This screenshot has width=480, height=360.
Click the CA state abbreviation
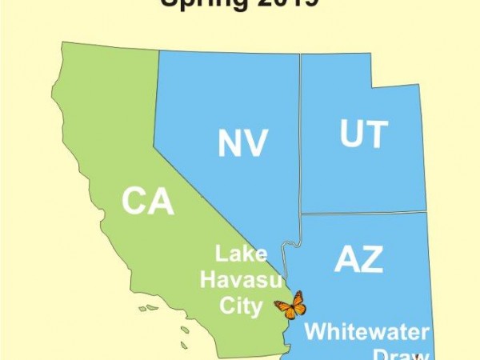148,201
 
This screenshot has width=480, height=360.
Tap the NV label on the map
242,143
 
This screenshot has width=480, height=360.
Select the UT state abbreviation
364,134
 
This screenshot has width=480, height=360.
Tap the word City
240,305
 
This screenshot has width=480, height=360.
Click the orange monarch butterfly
290,305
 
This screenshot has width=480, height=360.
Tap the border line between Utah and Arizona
364,213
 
